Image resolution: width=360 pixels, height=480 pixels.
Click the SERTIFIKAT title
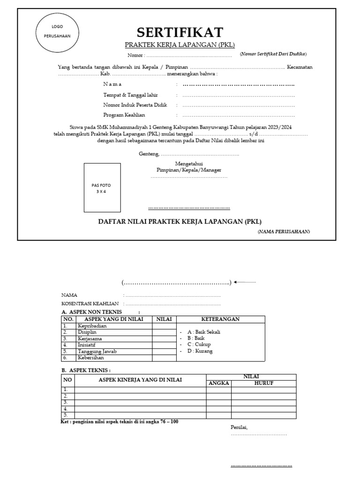pyautogui.click(x=180, y=32)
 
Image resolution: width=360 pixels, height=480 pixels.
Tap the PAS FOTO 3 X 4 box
pyautogui.click(x=102, y=188)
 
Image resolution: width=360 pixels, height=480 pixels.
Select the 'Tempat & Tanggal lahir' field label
pyautogui.click(x=127, y=95)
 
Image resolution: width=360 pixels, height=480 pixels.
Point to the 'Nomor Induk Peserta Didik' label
pyautogui.click(x=135, y=105)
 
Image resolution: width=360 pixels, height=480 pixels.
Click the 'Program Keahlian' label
pyautogui.click(x=124, y=115)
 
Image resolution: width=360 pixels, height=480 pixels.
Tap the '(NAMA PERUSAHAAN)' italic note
pyautogui.click(x=284, y=232)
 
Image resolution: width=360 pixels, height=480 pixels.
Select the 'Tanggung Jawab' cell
pyautogui.click(x=97, y=351)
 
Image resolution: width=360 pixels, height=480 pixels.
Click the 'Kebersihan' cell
pyautogui.click(x=91, y=358)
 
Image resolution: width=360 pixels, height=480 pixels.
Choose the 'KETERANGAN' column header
pyautogui.click(x=220, y=319)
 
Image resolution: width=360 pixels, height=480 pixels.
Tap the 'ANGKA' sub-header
pyautogui.click(x=218, y=383)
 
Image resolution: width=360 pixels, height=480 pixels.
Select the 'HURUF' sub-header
pyautogui.click(x=263, y=383)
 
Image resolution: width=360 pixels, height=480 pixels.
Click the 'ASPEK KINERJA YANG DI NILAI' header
pyautogui.click(x=140, y=380)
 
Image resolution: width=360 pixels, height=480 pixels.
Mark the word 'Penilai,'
pyautogui.click(x=239, y=427)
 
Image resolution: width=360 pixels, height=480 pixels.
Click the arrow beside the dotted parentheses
pyautogui.click(x=245, y=282)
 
